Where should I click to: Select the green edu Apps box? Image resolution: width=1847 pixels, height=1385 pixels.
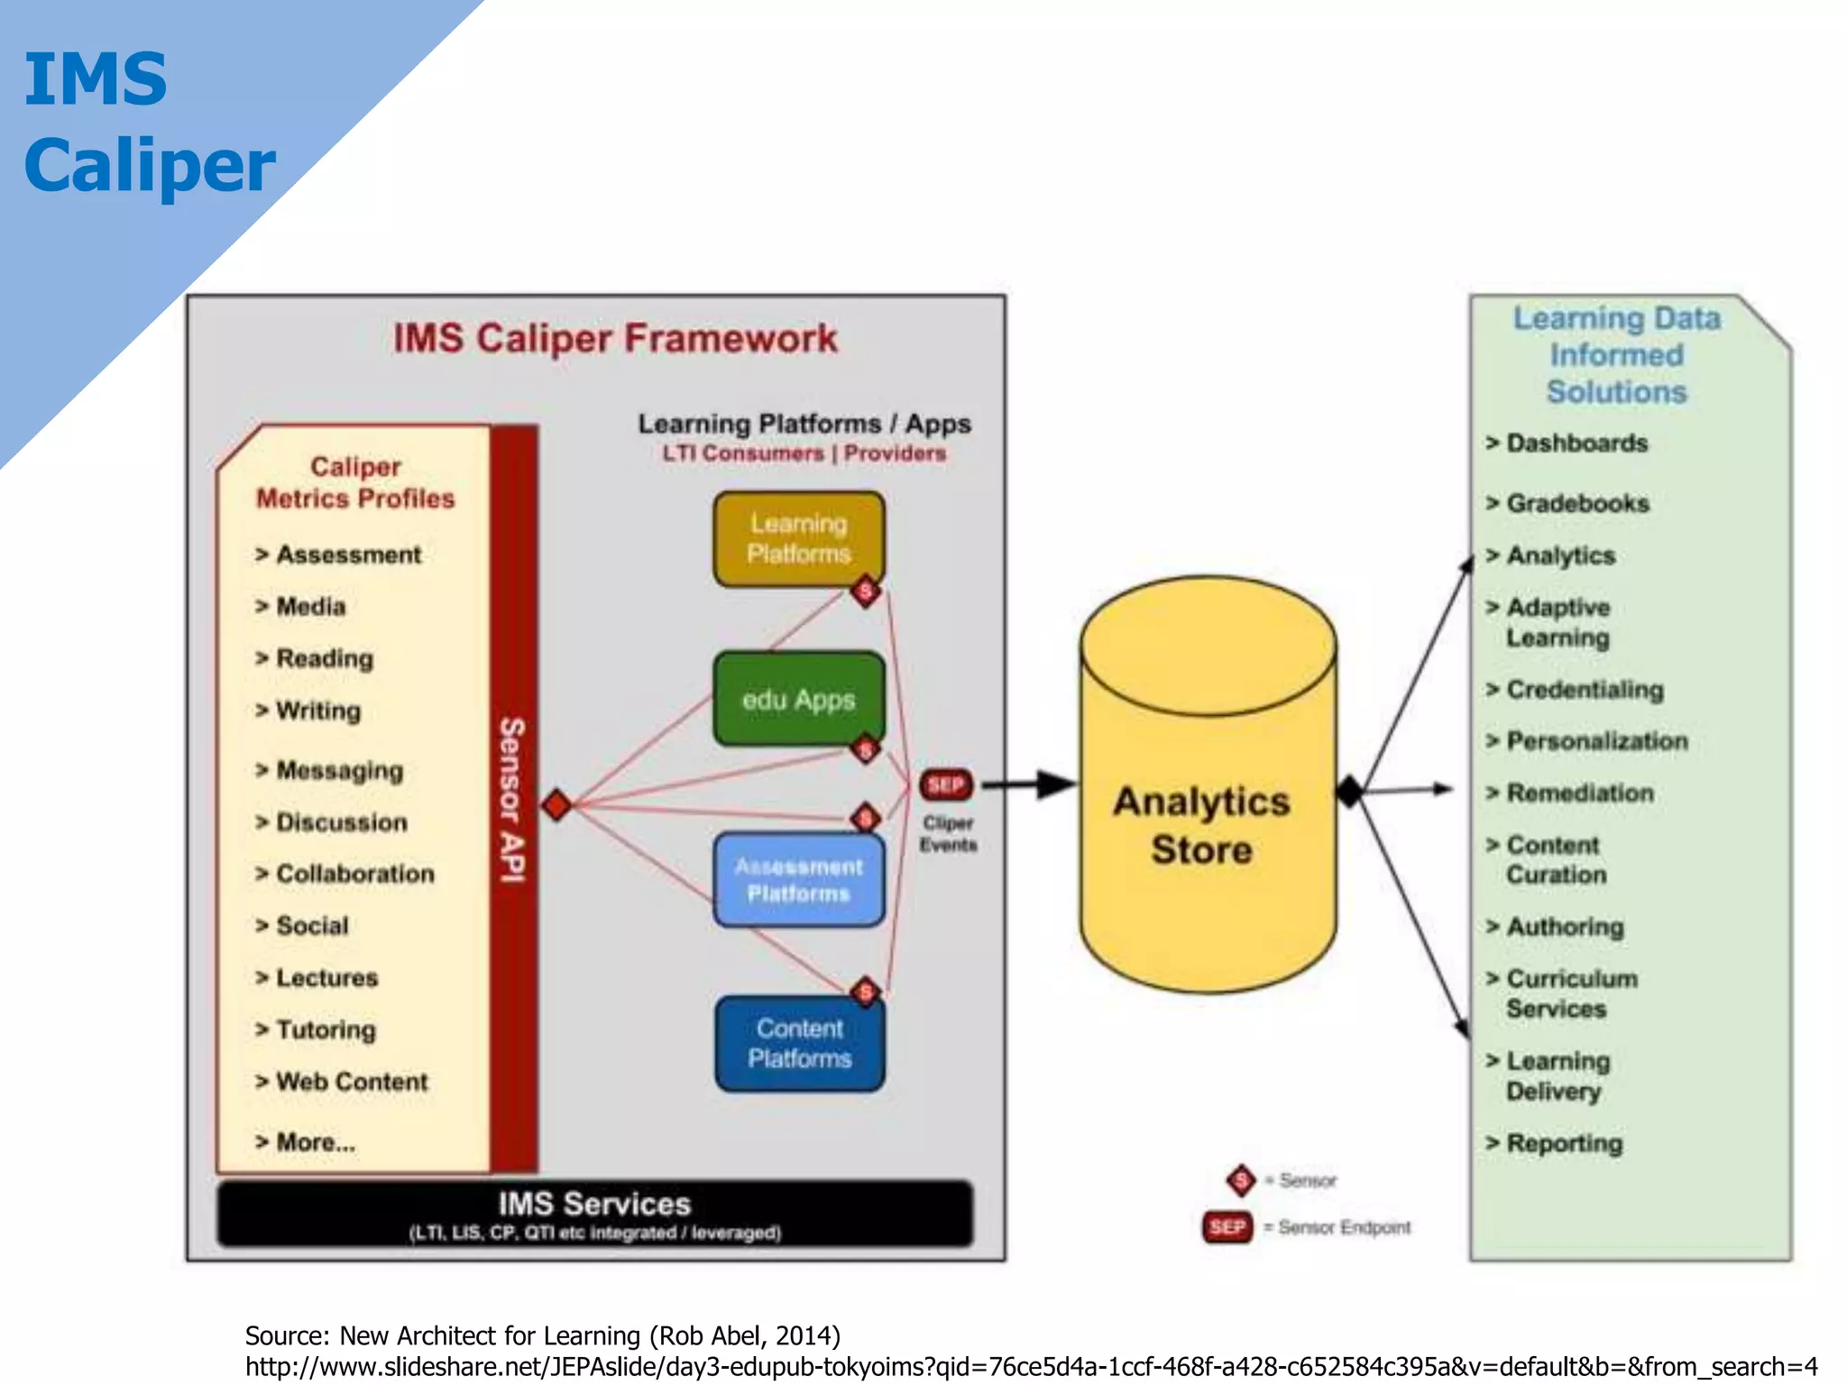[798, 699]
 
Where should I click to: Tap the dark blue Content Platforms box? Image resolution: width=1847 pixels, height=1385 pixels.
[799, 1043]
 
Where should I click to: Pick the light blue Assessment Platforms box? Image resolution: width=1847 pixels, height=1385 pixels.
[798, 879]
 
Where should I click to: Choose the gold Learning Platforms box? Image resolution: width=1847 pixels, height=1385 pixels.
[798, 538]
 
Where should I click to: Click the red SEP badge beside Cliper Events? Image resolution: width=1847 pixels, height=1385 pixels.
[945, 784]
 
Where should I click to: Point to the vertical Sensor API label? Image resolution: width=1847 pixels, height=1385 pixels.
[512, 799]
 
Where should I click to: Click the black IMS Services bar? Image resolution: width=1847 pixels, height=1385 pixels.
[594, 1214]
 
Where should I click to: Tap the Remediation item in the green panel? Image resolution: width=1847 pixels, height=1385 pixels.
[1579, 793]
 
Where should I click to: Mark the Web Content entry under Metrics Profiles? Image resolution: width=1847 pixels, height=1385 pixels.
[351, 1081]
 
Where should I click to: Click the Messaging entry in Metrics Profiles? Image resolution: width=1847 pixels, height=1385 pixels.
[339, 770]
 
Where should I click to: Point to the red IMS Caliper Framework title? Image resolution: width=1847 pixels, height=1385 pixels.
[615, 338]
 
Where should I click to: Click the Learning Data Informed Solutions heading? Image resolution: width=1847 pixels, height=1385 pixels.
[1615, 354]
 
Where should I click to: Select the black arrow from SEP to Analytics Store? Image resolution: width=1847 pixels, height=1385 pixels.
[1028, 784]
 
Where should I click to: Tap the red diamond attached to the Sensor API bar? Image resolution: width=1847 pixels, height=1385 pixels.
[556, 804]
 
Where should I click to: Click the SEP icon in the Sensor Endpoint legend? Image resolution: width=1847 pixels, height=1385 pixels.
[1227, 1227]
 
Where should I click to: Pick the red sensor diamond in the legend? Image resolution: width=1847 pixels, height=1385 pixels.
[1241, 1179]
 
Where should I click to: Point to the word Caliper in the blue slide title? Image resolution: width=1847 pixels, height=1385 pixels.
[150, 166]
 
